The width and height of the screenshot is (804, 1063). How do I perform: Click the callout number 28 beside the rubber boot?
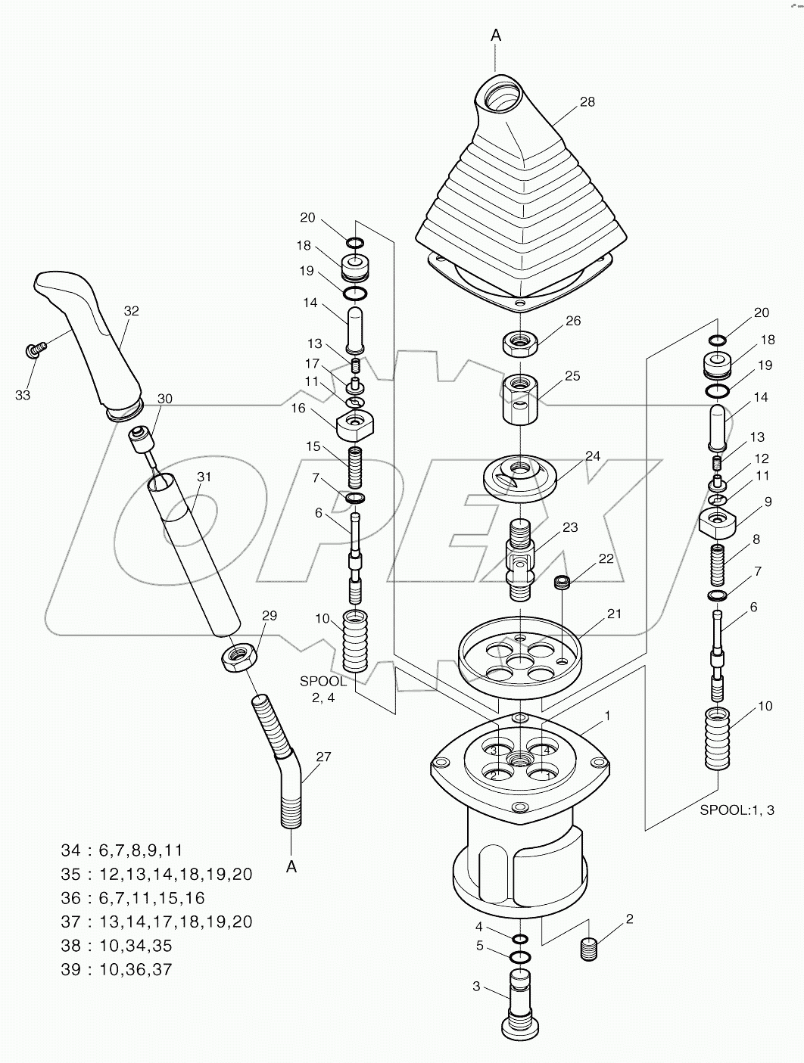tap(587, 102)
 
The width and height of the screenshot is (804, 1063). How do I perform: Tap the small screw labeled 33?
tap(35, 349)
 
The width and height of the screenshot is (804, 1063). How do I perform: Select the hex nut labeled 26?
tap(519, 343)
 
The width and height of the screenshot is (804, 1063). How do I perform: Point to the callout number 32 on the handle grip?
tap(132, 311)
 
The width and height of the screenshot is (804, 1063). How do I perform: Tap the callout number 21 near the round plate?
tap(613, 614)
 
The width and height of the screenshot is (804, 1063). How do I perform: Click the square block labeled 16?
tap(354, 426)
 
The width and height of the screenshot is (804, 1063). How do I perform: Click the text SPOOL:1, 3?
tap(736, 810)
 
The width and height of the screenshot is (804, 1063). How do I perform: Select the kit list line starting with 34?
tap(121, 850)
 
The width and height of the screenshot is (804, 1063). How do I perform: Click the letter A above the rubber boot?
tap(496, 35)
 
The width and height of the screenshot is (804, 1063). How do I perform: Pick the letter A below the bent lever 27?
tap(291, 867)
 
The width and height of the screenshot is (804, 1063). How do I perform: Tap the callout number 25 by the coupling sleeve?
tap(572, 376)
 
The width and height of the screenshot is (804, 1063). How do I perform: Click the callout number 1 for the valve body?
tap(606, 715)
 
